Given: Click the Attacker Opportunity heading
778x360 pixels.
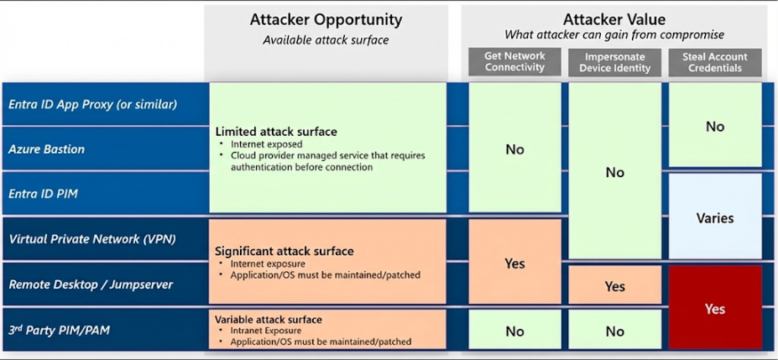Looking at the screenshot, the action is (x=326, y=19).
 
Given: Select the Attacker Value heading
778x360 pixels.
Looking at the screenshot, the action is (x=614, y=19).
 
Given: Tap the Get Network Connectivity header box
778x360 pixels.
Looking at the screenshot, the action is (x=514, y=62).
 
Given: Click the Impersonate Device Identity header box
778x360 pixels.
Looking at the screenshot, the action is (x=614, y=62).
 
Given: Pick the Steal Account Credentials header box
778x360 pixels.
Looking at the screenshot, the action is (x=715, y=62).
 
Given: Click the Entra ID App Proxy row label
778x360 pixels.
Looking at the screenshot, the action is (x=91, y=105).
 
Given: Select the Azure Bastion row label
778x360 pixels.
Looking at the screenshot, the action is (x=46, y=149).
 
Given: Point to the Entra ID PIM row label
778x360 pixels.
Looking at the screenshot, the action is (x=43, y=194).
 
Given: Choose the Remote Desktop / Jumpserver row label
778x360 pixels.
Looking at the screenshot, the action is (x=91, y=284).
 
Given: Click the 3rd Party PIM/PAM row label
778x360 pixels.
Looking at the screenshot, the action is (x=59, y=331).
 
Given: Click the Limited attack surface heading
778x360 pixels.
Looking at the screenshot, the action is (x=276, y=132).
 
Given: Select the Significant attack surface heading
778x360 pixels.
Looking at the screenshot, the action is (x=285, y=252).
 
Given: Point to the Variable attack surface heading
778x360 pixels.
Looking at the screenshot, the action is (x=269, y=319).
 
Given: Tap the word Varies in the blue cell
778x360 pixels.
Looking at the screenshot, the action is (x=715, y=217).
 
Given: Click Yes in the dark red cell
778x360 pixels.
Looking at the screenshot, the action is (x=715, y=309).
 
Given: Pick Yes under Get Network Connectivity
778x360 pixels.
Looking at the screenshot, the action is (x=514, y=263).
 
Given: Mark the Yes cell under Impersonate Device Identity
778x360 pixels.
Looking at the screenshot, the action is (x=614, y=286).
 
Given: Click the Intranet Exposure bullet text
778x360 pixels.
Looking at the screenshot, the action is (x=266, y=331).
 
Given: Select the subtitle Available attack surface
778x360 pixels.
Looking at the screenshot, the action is (x=326, y=40).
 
